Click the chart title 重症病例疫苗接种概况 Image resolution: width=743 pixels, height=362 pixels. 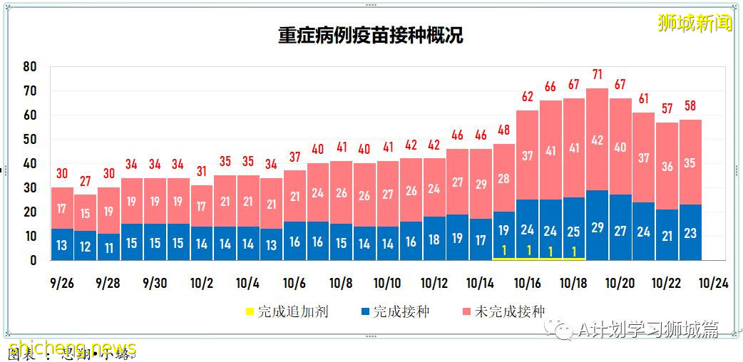point(370,36)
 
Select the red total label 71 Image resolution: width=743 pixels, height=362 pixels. point(598,75)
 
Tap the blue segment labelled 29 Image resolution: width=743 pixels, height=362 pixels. point(598,227)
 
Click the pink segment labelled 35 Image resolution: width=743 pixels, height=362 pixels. point(690,162)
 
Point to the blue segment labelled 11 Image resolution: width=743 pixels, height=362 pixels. point(109,248)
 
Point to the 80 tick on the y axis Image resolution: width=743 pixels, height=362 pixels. point(29,67)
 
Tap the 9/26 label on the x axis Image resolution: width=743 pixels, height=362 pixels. point(62,283)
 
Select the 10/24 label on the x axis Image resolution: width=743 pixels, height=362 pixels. point(714,283)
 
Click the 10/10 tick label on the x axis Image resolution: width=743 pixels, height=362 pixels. point(387,283)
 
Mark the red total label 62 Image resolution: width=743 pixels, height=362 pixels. point(528,97)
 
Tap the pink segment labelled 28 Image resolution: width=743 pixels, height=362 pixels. point(504,178)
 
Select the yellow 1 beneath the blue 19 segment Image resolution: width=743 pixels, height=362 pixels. point(504,250)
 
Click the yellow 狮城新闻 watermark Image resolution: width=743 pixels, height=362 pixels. point(695,24)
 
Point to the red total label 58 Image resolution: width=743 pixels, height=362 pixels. point(690,106)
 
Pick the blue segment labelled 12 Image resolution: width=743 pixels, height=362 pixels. point(86,247)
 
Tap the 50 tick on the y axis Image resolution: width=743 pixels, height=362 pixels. point(29,140)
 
